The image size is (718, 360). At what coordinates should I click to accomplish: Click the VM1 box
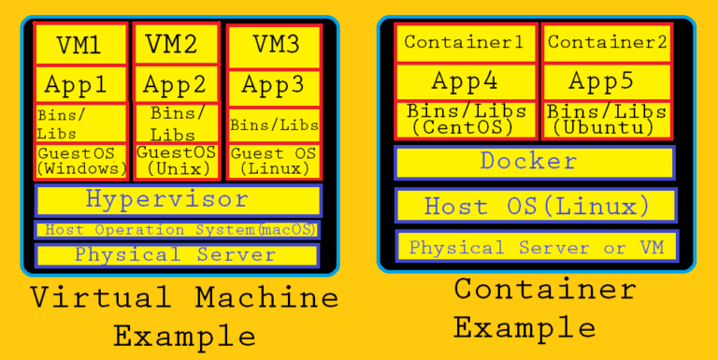pyautogui.click(x=80, y=44)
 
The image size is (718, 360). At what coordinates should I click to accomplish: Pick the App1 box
pyautogui.click(x=80, y=85)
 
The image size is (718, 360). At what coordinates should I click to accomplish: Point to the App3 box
pyautogui.click(x=273, y=85)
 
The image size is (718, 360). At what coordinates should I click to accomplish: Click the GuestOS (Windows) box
pyautogui.click(x=80, y=161)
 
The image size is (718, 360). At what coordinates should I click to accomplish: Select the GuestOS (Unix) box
pyautogui.click(x=177, y=160)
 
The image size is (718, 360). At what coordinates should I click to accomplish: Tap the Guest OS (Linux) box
pyautogui.click(x=273, y=161)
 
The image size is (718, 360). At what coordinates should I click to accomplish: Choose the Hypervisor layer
pyautogui.click(x=178, y=200)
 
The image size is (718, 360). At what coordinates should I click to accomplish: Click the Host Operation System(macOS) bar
pyautogui.click(x=178, y=230)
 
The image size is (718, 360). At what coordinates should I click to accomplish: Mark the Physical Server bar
pyautogui.click(x=178, y=254)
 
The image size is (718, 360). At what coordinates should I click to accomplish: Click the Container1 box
pyautogui.click(x=465, y=43)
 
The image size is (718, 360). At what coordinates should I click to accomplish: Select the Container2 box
pyautogui.click(x=607, y=43)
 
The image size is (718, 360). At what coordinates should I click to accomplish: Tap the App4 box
pyautogui.click(x=465, y=81)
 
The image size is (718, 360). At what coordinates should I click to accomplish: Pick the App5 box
pyautogui.click(x=607, y=81)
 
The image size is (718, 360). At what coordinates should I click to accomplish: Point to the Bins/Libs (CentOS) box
pyautogui.click(x=465, y=119)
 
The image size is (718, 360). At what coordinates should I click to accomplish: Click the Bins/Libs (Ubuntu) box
pyautogui.click(x=607, y=119)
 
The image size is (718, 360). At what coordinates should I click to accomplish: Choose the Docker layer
pyautogui.click(x=534, y=162)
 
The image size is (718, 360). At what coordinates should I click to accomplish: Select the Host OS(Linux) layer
pyautogui.click(x=534, y=206)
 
